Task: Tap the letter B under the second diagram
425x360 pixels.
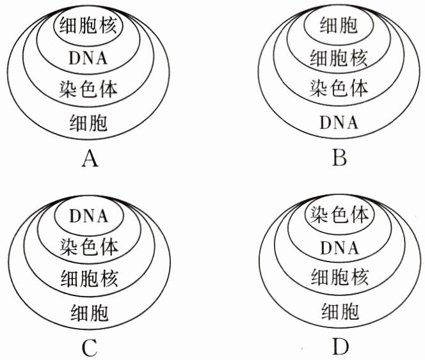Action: point(340,157)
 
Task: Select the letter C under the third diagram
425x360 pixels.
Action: point(90,348)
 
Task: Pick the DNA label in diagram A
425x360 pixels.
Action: point(90,58)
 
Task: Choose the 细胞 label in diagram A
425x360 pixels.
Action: point(90,122)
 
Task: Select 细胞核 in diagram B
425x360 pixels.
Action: point(339,58)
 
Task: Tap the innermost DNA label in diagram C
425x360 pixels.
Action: point(90,217)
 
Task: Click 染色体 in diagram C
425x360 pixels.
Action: point(90,247)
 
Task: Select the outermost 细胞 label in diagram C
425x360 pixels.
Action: point(90,313)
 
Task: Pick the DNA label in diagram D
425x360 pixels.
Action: point(339,247)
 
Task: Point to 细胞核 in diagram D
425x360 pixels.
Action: point(339,278)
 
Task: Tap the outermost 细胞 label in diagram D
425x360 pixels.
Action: point(339,312)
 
